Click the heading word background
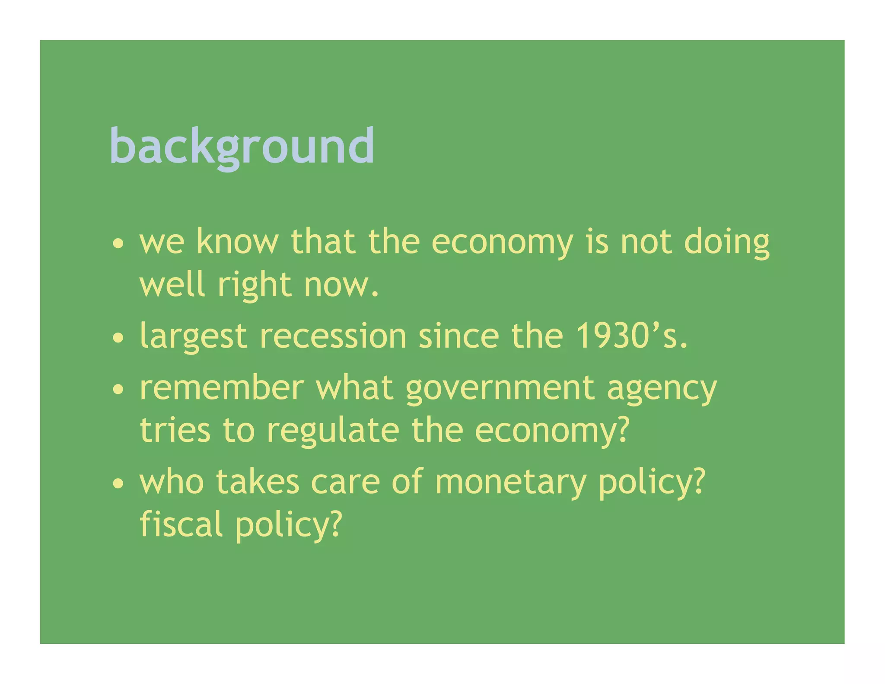tap(242, 146)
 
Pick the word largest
tap(193, 337)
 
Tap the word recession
tap(333, 336)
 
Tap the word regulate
tap(333, 431)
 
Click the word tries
tap(175, 430)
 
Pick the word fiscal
tap(181, 524)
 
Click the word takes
tap(258, 482)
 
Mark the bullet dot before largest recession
tap(118, 338)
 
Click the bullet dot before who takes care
tap(118, 484)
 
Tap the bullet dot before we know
tap(118, 243)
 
